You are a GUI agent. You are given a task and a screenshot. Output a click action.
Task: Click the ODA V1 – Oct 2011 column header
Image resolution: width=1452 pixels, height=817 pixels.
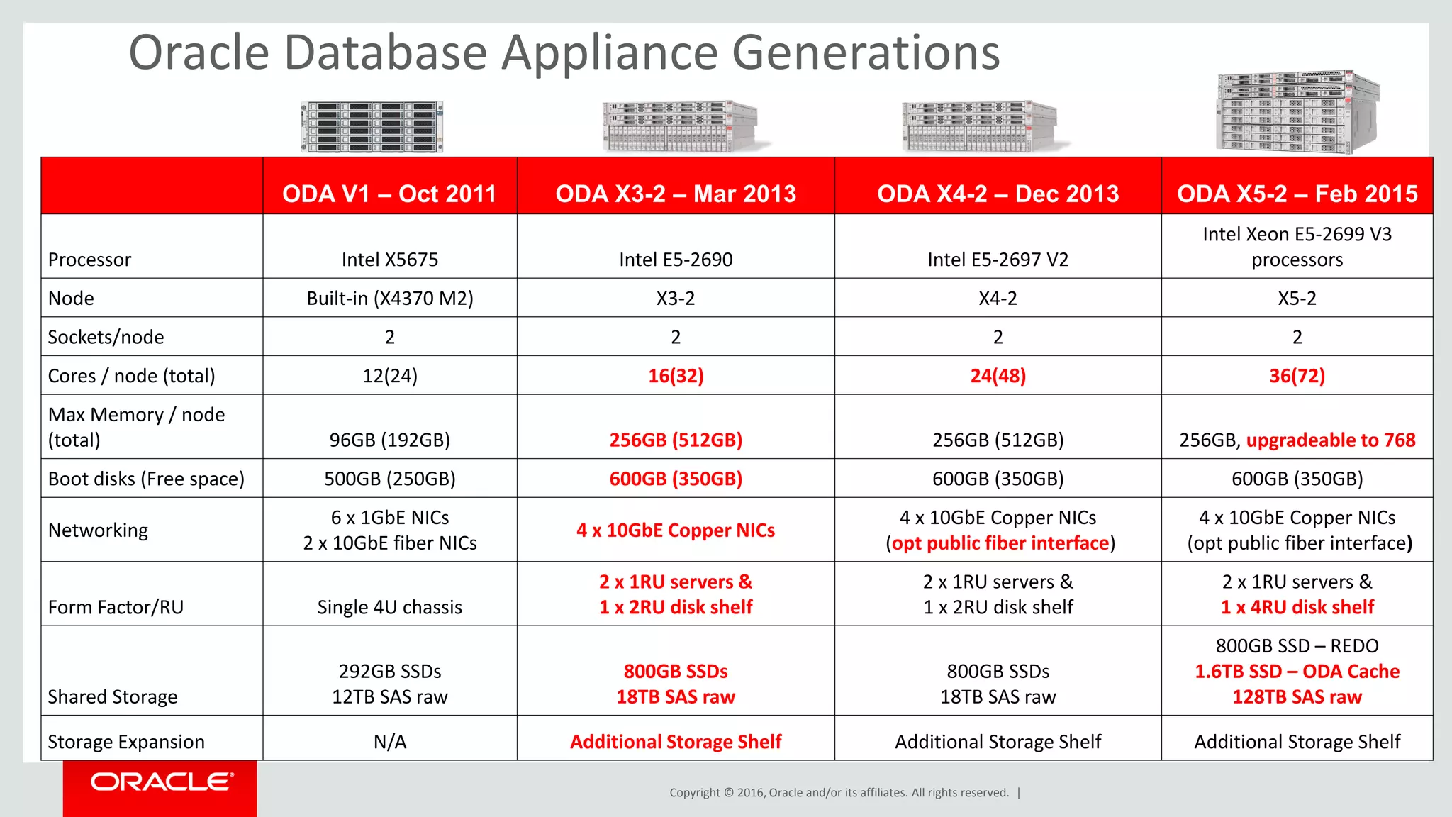pyautogui.click(x=389, y=194)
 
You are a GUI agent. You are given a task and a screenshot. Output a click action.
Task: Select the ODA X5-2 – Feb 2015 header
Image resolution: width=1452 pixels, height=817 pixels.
pyautogui.click(x=1297, y=194)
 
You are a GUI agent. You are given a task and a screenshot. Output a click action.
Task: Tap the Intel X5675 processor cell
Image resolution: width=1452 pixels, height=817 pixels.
pyautogui.click(x=389, y=260)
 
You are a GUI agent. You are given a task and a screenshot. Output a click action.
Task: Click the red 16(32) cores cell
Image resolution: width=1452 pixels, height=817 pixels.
pyautogui.click(x=676, y=376)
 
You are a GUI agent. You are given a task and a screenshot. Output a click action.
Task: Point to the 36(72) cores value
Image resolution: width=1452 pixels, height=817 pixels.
pyautogui.click(x=1297, y=376)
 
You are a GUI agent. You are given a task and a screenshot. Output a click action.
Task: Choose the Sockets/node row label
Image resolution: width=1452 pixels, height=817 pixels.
pyautogui.click(x=106, y=337)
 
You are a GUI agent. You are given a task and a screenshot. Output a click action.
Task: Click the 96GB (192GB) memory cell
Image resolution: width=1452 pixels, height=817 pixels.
pyautogui.click(x=389, y=440)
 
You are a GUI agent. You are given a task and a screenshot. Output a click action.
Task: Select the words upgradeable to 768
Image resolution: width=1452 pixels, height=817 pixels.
pyautogui.click(x=1330, y=440)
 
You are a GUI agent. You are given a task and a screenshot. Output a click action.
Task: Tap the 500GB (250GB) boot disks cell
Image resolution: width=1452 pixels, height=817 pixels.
pyautogui.click(x=389, y=479)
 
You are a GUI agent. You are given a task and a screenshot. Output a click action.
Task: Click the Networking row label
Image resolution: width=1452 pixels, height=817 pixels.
pyautogui.click(x=98, y=530)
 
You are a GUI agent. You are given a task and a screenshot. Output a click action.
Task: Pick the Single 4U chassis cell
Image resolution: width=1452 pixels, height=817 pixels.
pyautogui.click(x=389, y=607)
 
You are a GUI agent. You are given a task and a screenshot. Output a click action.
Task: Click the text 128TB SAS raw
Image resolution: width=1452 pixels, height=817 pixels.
pyautogui.click(x=1297, y=697)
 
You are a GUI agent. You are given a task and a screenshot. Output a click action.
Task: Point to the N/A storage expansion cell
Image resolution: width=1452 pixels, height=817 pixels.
pyautogui.click(x=389, y=742)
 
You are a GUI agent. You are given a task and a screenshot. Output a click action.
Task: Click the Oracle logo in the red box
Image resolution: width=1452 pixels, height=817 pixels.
pyautogui.click(x=162, y=782)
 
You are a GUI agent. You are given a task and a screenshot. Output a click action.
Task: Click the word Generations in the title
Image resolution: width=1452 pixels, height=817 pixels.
pyautogui.click(x=865, y=53)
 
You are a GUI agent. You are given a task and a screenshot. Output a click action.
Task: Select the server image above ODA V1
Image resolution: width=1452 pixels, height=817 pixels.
pyautogui.click(x=372, y=127)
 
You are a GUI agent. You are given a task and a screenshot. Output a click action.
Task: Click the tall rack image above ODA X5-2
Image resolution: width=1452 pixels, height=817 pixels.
pyautogui.click(x=1297, y=112)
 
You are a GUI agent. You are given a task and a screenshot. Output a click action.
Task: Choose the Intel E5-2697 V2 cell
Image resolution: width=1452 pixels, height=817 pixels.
pyautogui.click(x=998, y=260)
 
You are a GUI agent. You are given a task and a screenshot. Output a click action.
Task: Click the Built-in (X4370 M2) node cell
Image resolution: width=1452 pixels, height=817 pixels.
pyautogui.click(x=389, y=299)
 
